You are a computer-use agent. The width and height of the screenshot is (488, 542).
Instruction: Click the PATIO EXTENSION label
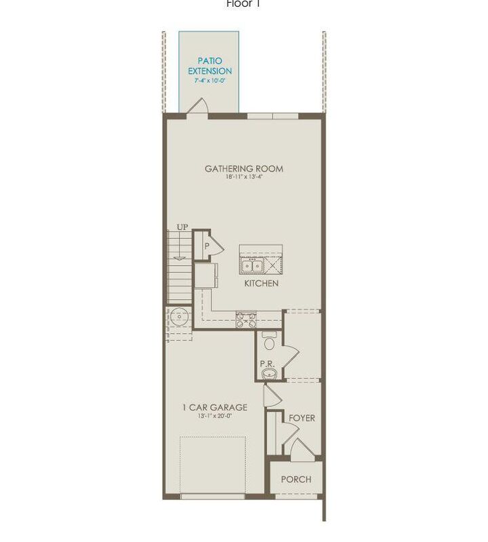coord(209,66)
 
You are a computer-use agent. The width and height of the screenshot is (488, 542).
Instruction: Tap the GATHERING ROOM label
coord(244,169)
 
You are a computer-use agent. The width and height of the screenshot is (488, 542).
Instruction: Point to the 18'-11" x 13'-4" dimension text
coord(244,178)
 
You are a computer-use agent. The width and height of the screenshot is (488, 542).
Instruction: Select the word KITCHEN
coord(261,284)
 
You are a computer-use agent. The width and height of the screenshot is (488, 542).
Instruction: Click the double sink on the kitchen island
coord(253,265)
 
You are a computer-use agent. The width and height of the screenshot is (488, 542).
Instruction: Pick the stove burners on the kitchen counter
coord(245,319)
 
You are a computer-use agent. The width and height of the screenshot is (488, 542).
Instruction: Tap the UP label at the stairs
coord(182,227)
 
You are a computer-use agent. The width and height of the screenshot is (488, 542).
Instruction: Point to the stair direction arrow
coord(180,257)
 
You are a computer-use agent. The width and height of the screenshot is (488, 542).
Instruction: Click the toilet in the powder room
coord(269,341)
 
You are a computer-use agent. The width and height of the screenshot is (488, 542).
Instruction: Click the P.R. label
coord(267,364)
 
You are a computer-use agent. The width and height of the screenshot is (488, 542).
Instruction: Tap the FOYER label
coord(302,418)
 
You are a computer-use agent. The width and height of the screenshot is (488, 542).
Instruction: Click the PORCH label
coord(296,479)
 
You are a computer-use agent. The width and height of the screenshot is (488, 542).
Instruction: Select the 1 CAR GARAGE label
coord(214,408)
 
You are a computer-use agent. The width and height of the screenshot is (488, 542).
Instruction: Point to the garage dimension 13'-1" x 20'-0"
coord(214,417)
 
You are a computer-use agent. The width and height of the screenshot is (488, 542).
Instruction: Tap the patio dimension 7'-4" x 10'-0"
coord(209,81)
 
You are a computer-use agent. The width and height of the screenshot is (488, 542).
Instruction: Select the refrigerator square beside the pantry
coord(205,276)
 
